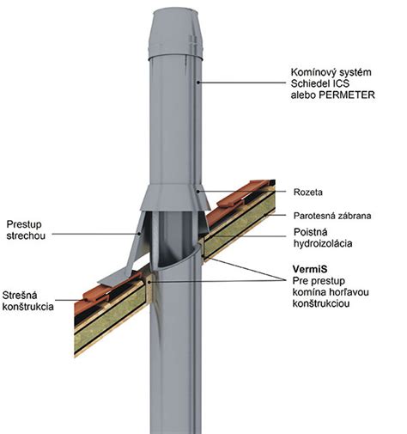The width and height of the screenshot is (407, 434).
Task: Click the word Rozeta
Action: point(308,192)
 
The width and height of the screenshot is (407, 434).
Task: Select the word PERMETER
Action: point(347,95)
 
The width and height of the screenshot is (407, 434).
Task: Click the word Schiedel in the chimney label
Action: point(309,83)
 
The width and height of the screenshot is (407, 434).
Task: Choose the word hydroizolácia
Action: point(323,243)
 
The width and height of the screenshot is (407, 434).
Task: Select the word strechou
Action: point(26,235)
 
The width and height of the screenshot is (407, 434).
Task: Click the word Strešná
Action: point(20,295)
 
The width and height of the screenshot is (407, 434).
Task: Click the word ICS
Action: point(340,83)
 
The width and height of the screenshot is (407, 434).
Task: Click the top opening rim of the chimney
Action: point(175,11)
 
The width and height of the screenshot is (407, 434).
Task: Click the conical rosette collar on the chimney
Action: point(175,199)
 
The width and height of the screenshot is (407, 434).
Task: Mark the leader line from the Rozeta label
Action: point(241,191)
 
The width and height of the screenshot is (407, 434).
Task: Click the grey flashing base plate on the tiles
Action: point(118,277)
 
